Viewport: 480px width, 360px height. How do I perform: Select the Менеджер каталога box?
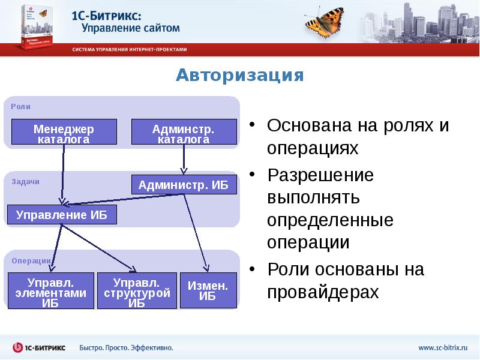64,131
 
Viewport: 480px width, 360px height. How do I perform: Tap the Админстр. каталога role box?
184,131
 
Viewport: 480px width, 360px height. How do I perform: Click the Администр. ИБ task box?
184,185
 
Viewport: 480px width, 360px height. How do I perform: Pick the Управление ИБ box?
62,215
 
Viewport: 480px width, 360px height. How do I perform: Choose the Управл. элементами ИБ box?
51,290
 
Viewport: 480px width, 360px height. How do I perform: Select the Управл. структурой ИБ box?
137,290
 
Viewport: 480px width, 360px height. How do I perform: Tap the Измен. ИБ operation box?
208,290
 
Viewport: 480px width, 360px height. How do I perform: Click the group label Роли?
20,107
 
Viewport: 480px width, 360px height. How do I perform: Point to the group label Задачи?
25,182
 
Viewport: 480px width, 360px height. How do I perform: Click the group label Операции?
31,261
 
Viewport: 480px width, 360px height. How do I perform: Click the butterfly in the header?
325,22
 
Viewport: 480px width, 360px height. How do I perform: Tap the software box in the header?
37,27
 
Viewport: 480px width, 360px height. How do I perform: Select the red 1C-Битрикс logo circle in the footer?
18,347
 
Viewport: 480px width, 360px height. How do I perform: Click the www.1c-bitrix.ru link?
443,348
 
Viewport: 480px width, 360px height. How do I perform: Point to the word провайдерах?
323,292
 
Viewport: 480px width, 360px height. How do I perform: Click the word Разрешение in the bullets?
320,175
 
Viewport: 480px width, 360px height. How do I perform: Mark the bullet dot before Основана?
252,124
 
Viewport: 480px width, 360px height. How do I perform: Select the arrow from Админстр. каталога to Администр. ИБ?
184,159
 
